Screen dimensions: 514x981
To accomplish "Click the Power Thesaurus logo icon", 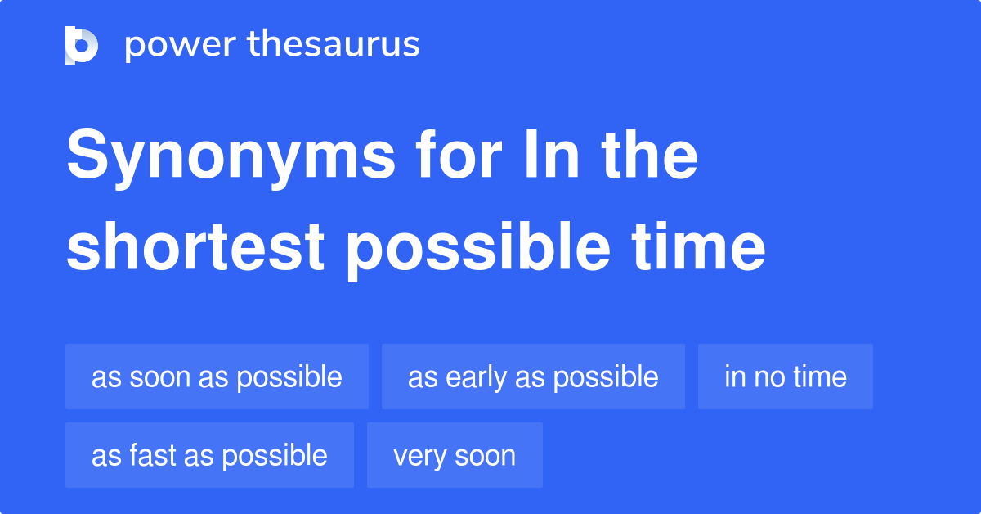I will pos(82,45).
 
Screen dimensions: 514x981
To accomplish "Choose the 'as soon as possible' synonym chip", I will pos(217,376).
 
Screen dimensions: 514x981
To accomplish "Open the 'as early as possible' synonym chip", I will pos(533,376).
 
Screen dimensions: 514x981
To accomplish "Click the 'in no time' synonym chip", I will pos(785,376).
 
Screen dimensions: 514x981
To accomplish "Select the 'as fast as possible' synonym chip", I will pos(209,455).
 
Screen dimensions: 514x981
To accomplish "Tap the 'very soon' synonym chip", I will pos(455,455).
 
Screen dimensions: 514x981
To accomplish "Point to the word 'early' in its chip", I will pos(476,377).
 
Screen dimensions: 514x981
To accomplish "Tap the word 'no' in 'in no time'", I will pos(766,377).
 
